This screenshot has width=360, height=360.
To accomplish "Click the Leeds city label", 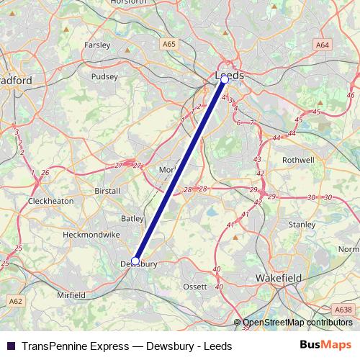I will [x=230, y=75].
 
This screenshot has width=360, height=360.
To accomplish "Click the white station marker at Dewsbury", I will [x=135, y=261].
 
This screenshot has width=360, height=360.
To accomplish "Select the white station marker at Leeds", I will [x=224, y=81].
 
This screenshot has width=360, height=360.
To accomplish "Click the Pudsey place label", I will [x=104, y=76].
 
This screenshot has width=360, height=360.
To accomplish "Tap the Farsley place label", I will [x=97, y=45].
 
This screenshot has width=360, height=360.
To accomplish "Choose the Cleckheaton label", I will [x=50, y=201].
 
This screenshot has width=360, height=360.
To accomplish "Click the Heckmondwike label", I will [x=86, y=235].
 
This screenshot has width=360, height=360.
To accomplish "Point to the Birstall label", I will [x=107, y=192].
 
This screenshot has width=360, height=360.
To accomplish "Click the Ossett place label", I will [x=195, y=287].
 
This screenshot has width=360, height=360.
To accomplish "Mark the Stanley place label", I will [x=302, y=224].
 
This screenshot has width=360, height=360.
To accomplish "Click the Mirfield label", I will [x=71, y=295].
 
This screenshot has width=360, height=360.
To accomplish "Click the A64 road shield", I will [x=322, y=45].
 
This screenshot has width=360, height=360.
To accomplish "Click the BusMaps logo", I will [x=326, y=346].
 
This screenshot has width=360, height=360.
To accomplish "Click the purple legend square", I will [x=11, y=346].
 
